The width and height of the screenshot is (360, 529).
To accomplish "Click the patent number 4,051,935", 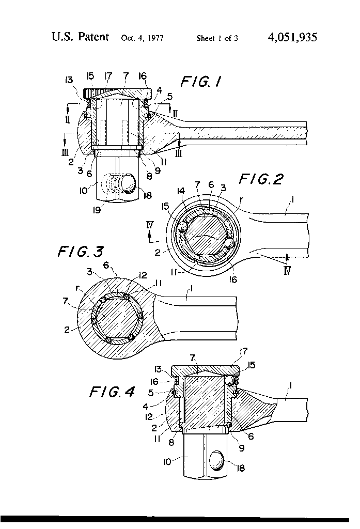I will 292,37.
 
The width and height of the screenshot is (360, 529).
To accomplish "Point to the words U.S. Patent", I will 80,37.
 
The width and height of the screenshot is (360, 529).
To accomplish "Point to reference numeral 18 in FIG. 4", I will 241,468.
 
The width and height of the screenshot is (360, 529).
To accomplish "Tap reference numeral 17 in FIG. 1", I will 109,77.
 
